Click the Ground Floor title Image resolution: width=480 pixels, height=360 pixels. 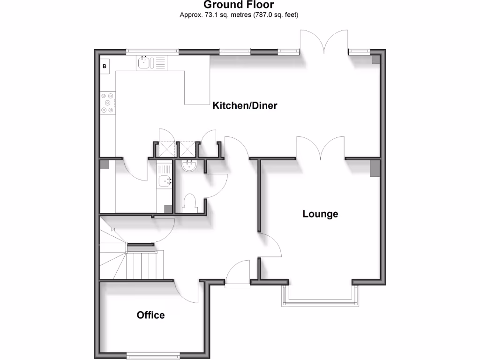(240, 5)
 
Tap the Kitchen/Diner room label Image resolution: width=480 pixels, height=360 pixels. (245, 105)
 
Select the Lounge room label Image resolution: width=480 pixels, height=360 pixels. (320, 214)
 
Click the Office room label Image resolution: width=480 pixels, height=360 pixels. (150, 315)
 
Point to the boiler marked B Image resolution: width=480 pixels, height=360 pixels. (105, 66)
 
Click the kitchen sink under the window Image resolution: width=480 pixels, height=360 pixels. (145, 63)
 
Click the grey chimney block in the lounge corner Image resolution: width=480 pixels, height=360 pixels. (375, 168)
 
